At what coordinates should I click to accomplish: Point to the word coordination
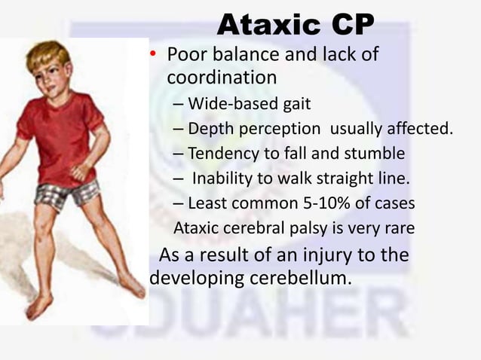[222, 78]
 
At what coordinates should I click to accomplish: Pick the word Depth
[210, 129]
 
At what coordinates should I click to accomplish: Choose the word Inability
[225, 178]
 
